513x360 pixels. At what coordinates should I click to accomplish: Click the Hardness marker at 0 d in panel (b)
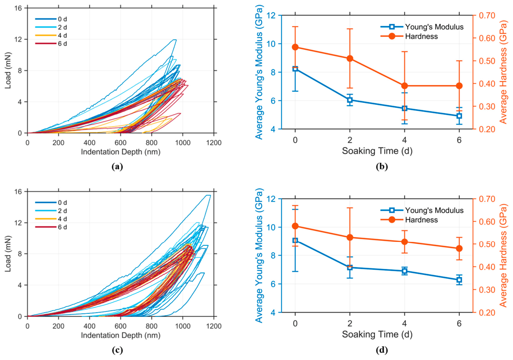(295, 47)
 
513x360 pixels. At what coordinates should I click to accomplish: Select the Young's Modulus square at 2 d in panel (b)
(350, 100)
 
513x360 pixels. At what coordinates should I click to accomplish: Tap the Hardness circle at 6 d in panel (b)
(459, 86)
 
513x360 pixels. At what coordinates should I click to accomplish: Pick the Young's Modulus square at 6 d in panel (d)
(459, 280)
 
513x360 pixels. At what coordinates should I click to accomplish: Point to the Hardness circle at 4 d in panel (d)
(405, 242)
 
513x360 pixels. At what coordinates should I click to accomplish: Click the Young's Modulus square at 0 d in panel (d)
(295, 240)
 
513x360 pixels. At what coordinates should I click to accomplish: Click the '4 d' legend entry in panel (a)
(51, 36)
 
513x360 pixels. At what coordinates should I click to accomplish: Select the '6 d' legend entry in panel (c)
(51, 227)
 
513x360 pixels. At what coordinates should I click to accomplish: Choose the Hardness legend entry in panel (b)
(409, 36)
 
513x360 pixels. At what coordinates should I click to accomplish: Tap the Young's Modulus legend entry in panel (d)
(422, 210)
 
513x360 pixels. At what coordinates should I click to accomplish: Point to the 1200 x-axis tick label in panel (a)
(214, 143)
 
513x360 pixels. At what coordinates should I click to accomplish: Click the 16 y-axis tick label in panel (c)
(18, 191)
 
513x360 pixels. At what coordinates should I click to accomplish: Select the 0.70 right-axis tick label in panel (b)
(487, 16)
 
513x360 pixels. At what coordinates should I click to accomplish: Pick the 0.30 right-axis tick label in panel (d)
(487, 290)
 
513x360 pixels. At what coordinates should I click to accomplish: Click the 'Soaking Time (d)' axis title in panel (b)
(377, 151)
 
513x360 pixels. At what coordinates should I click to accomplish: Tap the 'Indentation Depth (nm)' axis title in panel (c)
(121, 336)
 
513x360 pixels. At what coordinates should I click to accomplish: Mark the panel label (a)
(117, 167)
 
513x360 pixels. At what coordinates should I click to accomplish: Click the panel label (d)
(382, 350)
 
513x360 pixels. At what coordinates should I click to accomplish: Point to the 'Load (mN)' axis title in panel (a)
(8, 70)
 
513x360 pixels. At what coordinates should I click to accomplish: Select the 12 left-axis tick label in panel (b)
(272, 16)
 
